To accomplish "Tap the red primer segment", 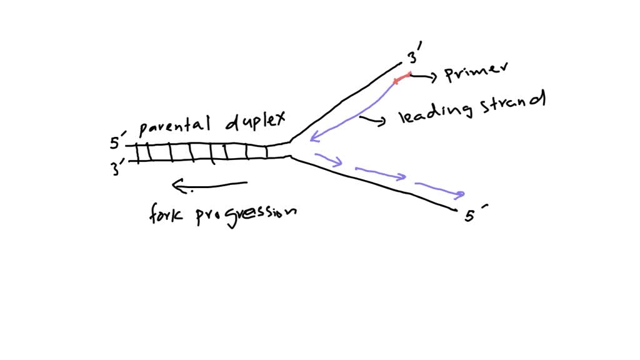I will point(402,78).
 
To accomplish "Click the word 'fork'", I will point(165,215).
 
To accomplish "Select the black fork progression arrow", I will point(209,184).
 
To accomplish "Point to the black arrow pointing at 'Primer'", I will point(425,76).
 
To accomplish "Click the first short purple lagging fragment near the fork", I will point(329,159).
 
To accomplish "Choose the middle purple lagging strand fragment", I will point(381,173).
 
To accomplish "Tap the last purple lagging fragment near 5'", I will point(440,189).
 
